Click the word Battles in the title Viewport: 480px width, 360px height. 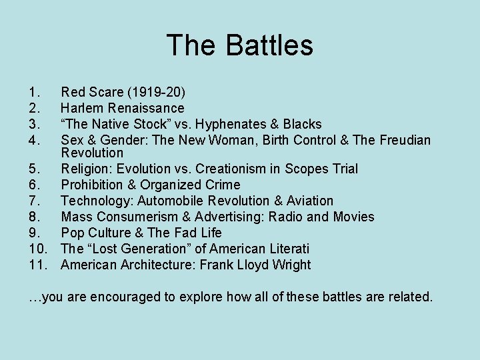point(269,46)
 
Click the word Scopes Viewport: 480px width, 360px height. point(306,169)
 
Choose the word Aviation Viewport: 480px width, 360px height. point(309,201)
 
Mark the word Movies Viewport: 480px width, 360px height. point(353,217)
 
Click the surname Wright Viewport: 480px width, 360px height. point(290,265)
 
